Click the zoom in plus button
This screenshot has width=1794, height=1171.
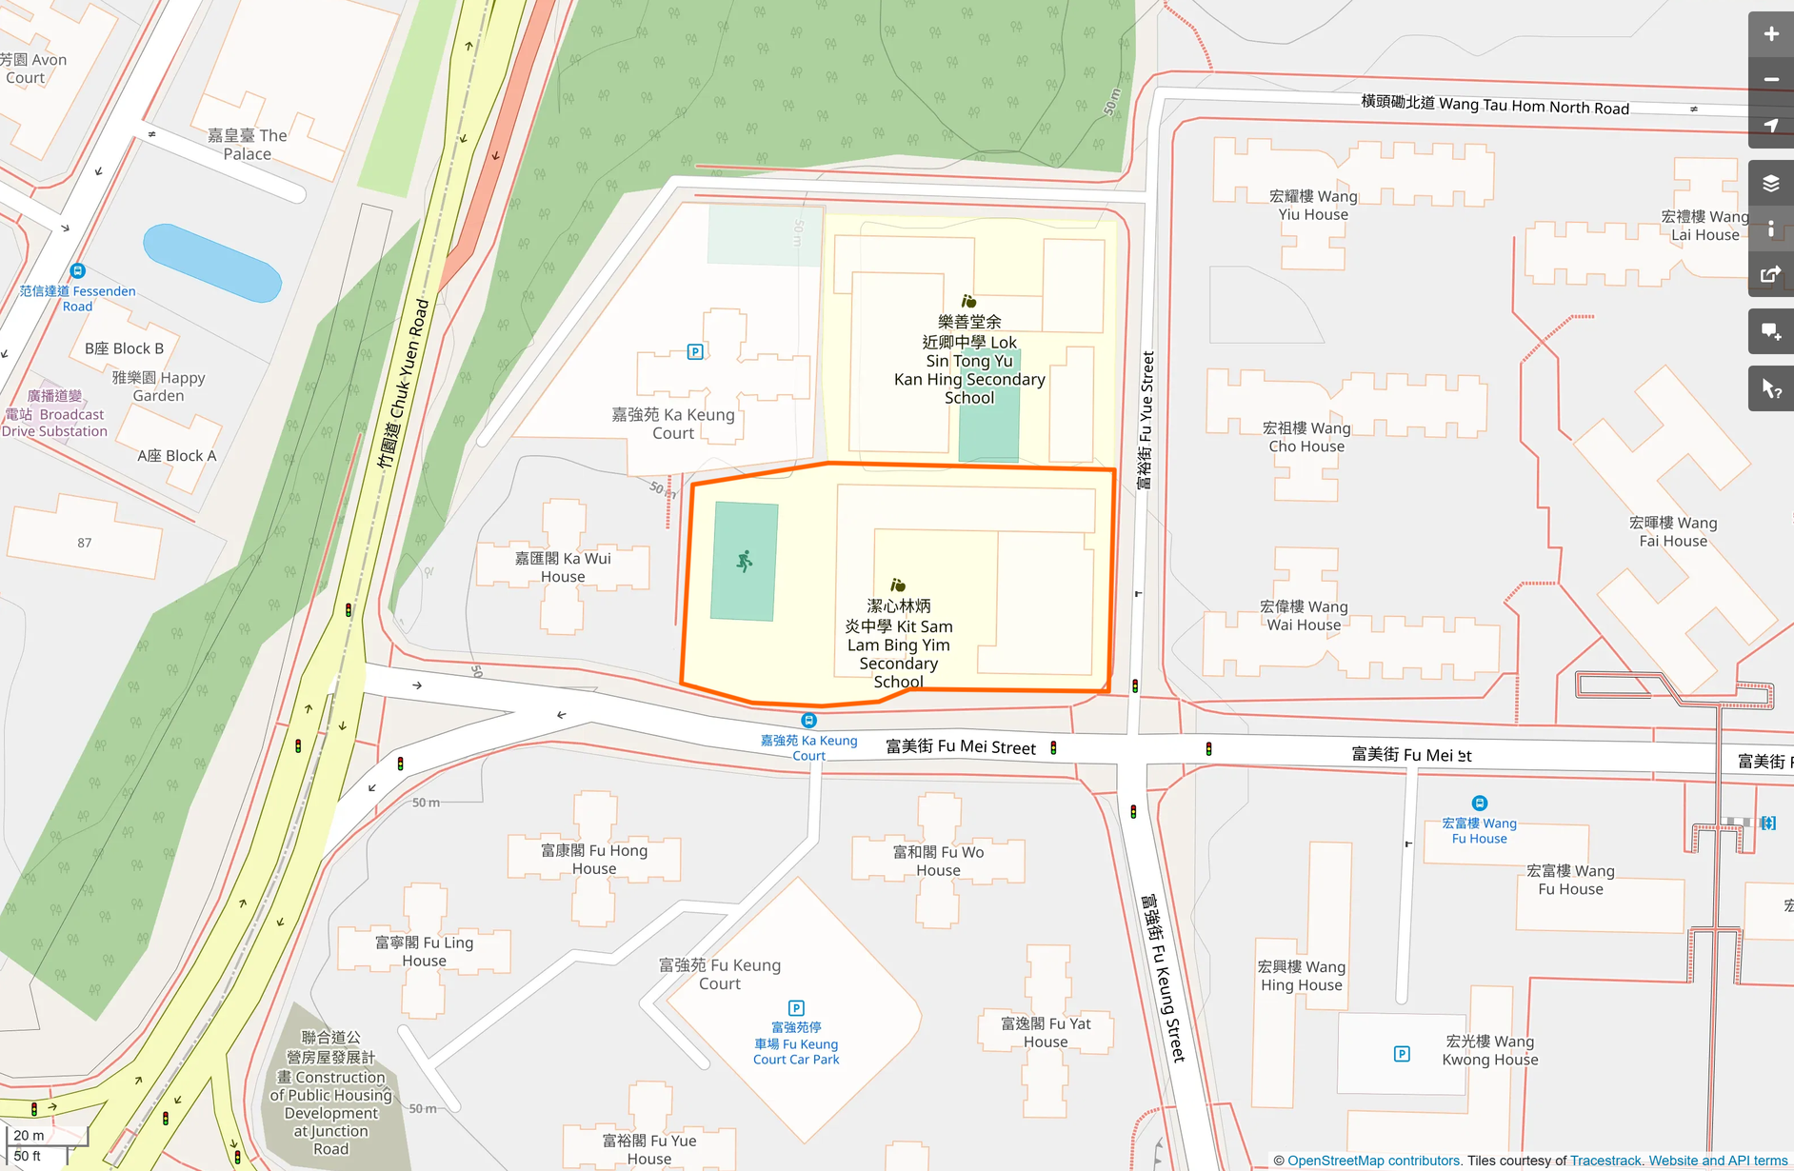[x=1770, y=34]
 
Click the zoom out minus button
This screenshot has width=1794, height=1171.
[x=1770, y=80]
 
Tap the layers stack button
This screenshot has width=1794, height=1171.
[x=1770, y=184]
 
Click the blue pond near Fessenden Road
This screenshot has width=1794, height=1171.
[x=211, y=263]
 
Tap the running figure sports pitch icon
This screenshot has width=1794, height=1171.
[x=745, y=562]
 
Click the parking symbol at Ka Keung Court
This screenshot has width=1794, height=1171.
[x=695, y=352]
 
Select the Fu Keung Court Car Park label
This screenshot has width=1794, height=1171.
[x=796, y=1043]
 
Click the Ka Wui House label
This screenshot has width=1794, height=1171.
[x=563, y=567]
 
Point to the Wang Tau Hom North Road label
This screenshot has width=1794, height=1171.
[x=1495, y=105]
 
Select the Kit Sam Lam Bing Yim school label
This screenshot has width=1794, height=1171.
[x=898, y=644]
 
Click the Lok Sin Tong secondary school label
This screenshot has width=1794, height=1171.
[x=969, y=360]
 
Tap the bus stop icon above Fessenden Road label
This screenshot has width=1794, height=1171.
[x=78, y=271]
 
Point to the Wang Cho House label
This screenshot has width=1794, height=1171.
[x=1306, y=437]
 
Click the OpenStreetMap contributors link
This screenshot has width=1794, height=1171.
[x=1373, y=1161]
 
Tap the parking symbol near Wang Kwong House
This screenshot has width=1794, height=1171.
[x=1402, y=1054]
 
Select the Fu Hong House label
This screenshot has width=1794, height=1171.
[x=594, y=859]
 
